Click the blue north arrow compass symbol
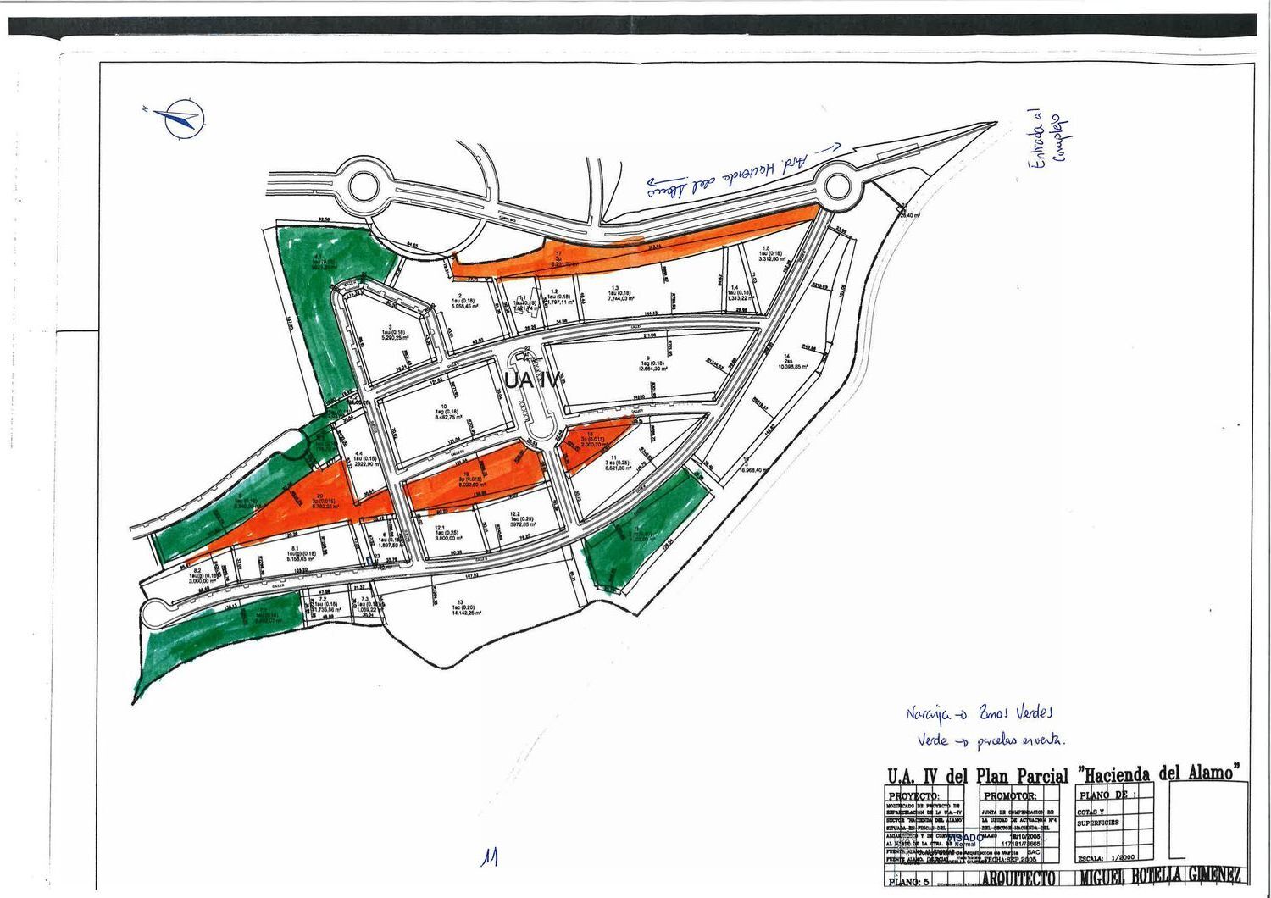click(x=180, y=119)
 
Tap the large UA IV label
click(x=530, y=381)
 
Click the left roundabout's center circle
click(x=362, y=184)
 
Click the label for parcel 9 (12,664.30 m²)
click(x=647, y=363)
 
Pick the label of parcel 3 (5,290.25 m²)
click(x=390, y=332)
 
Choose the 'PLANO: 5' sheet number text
click(x=907, y=882)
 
